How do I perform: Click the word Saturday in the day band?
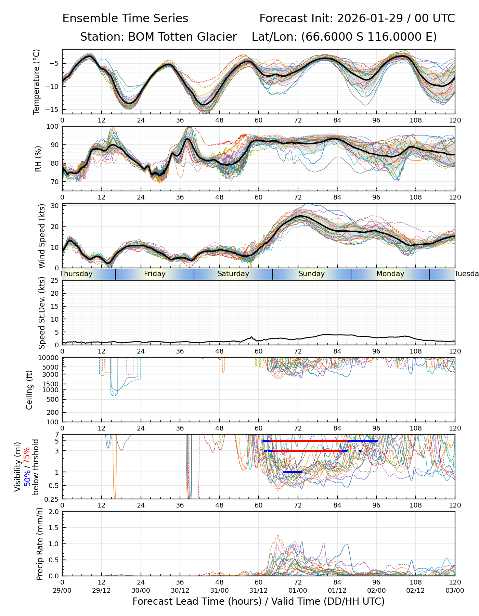click(233, 274)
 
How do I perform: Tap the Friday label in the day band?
click(155, 274)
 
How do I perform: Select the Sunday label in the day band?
click(311, 274)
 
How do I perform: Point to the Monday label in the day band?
click(390, 274)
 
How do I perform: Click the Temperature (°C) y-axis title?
click(37, 81)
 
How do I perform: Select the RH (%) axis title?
click(38, 159)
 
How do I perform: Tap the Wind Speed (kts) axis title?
click(42, 236)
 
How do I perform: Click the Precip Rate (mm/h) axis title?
click(40, 544)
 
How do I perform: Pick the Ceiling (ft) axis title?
click(29, 390)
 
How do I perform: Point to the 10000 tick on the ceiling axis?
click(49, 358)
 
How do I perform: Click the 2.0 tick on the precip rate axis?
click(54, 512)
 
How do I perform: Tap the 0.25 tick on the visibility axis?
click(52, 499)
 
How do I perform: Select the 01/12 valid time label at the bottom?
click(337, 591)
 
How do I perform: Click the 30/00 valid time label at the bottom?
click(141, 591)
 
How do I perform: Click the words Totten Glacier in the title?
click(182, 37)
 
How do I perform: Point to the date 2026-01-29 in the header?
click(370, 18)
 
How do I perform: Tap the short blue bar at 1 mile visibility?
click(293, 472)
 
